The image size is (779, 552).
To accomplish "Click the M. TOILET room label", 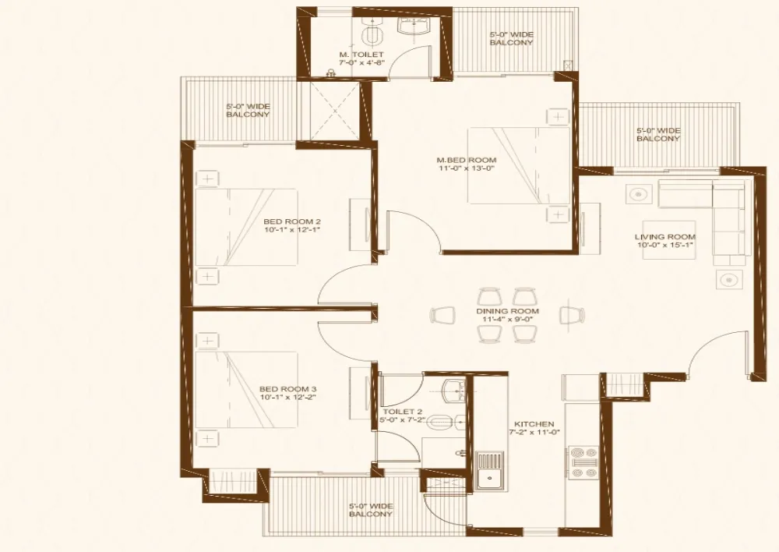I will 355,55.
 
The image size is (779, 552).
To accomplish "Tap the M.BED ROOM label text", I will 466,161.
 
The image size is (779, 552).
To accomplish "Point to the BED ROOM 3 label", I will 287,389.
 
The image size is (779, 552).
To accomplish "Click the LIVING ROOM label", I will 664,237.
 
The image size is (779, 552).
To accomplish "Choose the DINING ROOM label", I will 507,311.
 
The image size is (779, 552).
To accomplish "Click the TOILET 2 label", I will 403,412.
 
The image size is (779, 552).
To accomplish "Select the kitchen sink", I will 489,470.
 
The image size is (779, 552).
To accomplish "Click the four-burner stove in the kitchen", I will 583,462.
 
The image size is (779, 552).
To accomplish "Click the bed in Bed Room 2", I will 246,228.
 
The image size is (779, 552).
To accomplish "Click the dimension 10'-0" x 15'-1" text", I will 664,246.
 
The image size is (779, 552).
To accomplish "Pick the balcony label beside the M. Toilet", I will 511,38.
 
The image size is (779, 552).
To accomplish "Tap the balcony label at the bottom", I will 371,510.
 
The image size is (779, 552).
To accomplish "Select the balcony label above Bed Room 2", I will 248,110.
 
